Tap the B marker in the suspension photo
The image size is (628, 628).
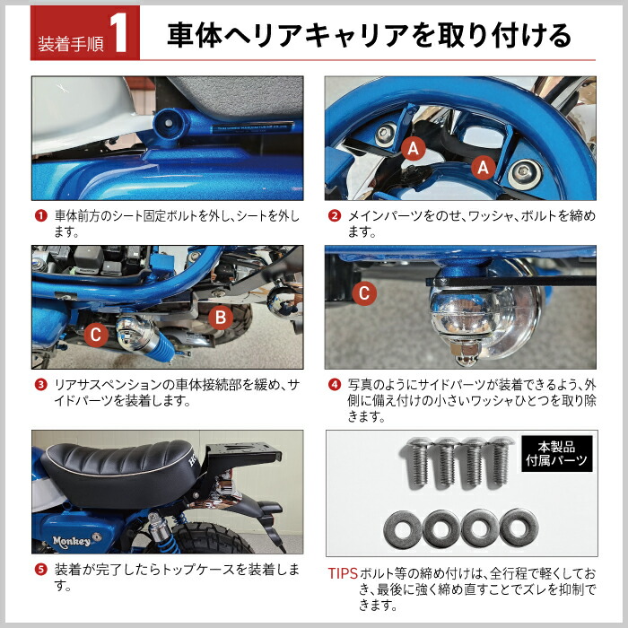point(221,318)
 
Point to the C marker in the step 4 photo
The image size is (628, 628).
point(363,292)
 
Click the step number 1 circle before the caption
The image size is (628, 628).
point(40,216)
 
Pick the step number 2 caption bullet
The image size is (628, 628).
point(334,216)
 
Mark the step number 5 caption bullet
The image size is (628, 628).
point(40,570)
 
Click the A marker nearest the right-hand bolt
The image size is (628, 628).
point(482,166)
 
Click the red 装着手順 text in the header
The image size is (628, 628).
point(71,41)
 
